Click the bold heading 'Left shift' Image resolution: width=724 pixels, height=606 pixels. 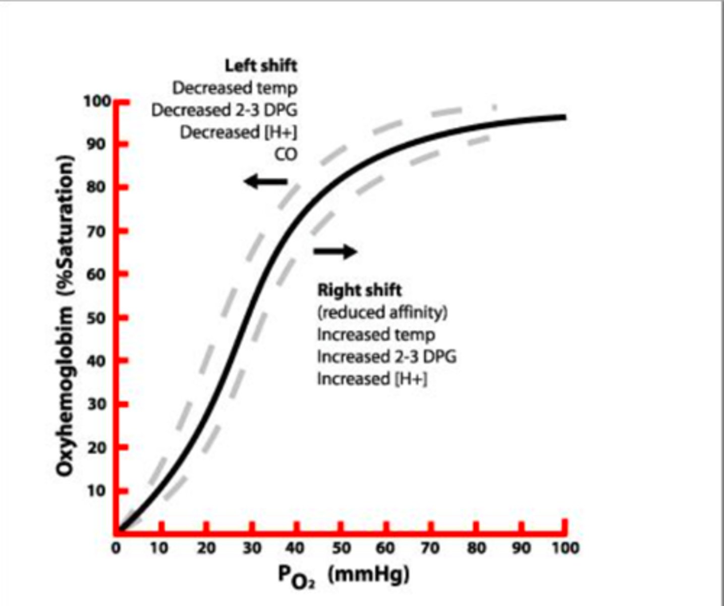[261, 66]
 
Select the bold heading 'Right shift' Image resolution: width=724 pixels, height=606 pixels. [359, 290]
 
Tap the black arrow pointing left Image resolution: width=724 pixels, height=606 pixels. [265, 181]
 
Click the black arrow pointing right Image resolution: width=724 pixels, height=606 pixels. [336, 250]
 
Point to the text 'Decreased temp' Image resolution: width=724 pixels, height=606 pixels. [235, 88]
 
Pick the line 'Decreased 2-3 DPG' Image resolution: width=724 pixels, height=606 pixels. [224, 110]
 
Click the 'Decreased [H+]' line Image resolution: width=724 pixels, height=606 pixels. [238, 132]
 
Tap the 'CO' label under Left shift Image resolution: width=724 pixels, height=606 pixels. [286, 155]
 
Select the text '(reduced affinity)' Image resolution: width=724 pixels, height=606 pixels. [382, 313]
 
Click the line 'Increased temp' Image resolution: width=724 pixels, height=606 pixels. [376, 334]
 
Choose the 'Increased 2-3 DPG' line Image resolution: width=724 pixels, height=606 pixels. [386, 357]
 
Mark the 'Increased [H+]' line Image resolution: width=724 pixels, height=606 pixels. [372, 379]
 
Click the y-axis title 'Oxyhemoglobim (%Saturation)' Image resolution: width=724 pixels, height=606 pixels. [65, 316]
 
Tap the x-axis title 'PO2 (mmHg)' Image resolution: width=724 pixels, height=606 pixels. [344, 575]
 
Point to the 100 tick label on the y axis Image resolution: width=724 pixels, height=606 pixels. [97, 102]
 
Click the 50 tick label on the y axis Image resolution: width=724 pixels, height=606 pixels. [97, 318]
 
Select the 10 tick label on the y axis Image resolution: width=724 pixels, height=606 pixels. [97, 491]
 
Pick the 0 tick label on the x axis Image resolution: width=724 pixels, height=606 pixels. [116, 548]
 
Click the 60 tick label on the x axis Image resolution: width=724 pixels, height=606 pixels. [385, 548]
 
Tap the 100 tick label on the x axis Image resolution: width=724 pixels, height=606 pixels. [564, 548]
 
